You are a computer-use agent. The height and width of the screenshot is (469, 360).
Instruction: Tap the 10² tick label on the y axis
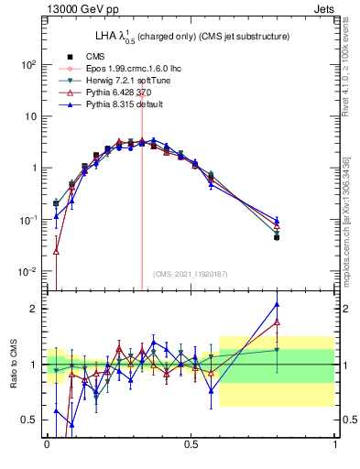coord(28,65)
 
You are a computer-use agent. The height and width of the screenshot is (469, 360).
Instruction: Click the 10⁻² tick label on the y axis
coord(28,272)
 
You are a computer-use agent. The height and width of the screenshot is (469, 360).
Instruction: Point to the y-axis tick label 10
coord(30,117)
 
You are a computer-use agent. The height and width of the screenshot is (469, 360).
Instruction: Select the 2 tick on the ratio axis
coord(34,309)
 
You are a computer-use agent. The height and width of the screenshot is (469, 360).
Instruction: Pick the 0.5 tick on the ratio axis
coord(29,420)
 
